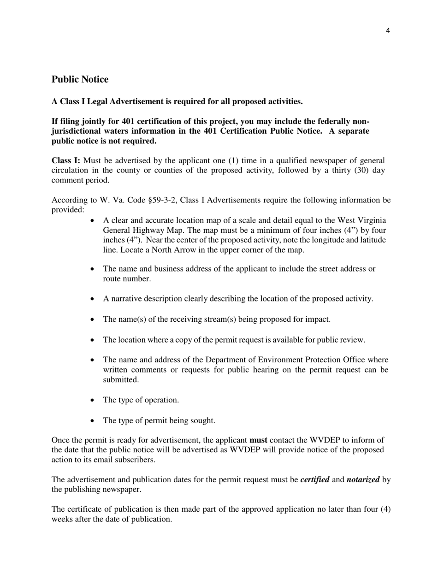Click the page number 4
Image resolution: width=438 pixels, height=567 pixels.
click(387, 31)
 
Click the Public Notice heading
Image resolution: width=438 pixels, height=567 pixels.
click(80, 79)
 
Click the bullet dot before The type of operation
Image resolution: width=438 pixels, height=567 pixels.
click(93, 400)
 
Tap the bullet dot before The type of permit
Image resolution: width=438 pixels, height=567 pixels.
click(93, 421)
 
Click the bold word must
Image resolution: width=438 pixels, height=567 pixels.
click(258, 440)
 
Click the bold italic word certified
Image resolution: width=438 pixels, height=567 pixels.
click(314, 480)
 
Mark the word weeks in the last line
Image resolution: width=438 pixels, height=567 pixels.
click(62, 520)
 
